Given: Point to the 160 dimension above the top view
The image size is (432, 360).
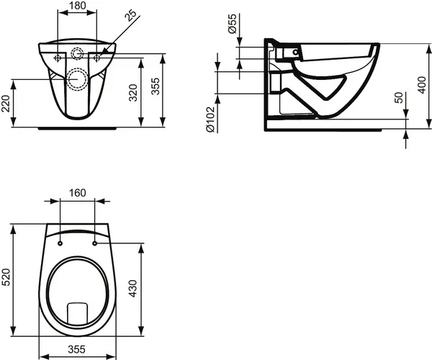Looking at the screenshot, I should point(78,193).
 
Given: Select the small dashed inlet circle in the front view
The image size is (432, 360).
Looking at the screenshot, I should point(78,53).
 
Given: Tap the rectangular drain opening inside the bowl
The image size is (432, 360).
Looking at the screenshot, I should point(77,312).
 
